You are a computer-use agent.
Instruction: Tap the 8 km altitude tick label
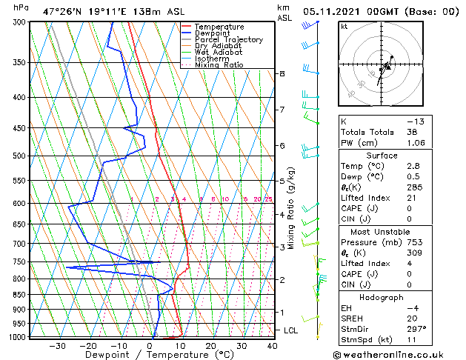(x=282, y=74)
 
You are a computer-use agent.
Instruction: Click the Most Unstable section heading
(x=382, y=231)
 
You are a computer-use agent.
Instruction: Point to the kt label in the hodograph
(x=344, y=26)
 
